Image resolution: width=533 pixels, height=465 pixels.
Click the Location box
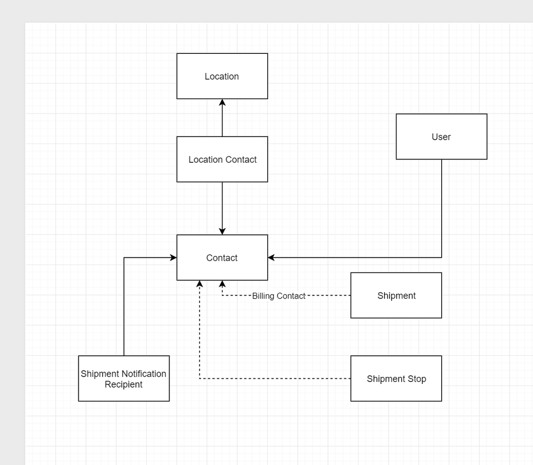(x=222, y=76)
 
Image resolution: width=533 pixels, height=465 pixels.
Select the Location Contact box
(x=222, y=159)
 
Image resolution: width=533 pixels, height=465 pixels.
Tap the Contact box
(x=222, y=258)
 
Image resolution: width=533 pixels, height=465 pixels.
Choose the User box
(x=441, y=137)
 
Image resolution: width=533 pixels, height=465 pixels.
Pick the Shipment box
(x=396, y=295)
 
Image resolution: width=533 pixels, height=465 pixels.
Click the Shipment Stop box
(x=396, y=379)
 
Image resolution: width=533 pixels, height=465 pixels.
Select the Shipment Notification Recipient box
(x=124, y=379)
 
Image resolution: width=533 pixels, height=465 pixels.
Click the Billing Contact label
(x=279, y=296)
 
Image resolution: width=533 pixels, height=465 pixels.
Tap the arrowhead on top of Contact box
(x=222, y=231)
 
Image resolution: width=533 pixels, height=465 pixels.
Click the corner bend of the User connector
(x=442, y=258)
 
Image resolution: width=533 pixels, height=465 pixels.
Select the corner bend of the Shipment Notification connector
(x=124, y=258)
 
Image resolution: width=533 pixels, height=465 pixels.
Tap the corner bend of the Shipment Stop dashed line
(x=200, y=379)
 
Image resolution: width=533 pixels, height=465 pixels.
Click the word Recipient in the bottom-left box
(x=124, y=384)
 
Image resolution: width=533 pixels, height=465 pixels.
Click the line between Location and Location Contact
(x=222, y=120)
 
